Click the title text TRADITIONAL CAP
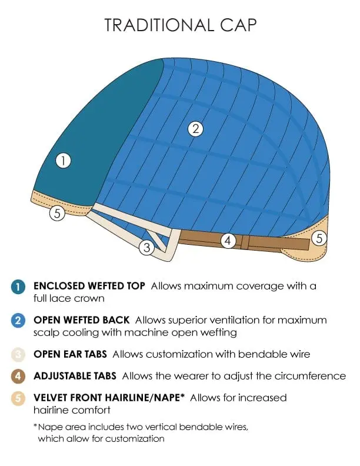[x=181, y=25]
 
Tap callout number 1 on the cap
[x=64, y=161]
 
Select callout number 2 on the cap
[x=195, y=129]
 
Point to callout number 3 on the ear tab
[x=146, y=247]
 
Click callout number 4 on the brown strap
[x=228, y=240]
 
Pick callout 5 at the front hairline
[x=57, y=213]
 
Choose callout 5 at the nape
[x=319, y=238]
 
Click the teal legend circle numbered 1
[x=18, y=287]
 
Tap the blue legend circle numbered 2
[x=18, y=320]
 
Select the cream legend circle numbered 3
[x=18, y=354]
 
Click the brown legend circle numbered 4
[x=18, y=376]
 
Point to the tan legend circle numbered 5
[x=18, y=398]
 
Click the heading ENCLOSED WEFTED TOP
[x=89, y=286]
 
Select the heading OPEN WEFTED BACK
[x=81, y=319]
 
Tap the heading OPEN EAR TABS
[x=70, y=354]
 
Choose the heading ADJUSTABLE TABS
[x=75, y=376]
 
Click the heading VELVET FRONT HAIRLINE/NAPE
[x=109, y=398]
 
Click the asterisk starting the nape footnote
[x=35, y=426]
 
